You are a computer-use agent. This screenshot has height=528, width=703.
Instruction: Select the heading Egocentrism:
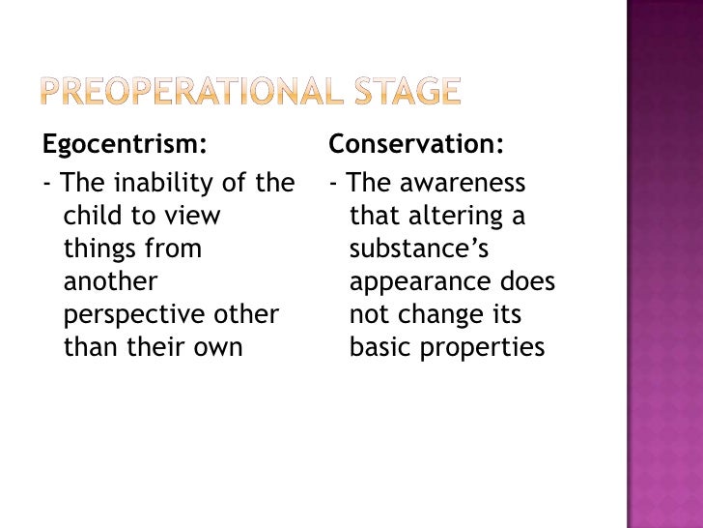(124, 146)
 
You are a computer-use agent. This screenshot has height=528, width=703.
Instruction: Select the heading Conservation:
(416, 146)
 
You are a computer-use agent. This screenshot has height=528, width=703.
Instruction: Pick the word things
(98, 249)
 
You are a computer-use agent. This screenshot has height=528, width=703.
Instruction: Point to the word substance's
(419, 249)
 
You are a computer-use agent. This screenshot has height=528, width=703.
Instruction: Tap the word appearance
(425, 282)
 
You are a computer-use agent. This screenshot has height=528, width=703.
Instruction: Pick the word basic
(380, 347)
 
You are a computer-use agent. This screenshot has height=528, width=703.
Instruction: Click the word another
(109, 281)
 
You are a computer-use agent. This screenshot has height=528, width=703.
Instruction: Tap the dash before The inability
(47, 184)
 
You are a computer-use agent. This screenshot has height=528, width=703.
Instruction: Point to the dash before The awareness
(333, 184)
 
